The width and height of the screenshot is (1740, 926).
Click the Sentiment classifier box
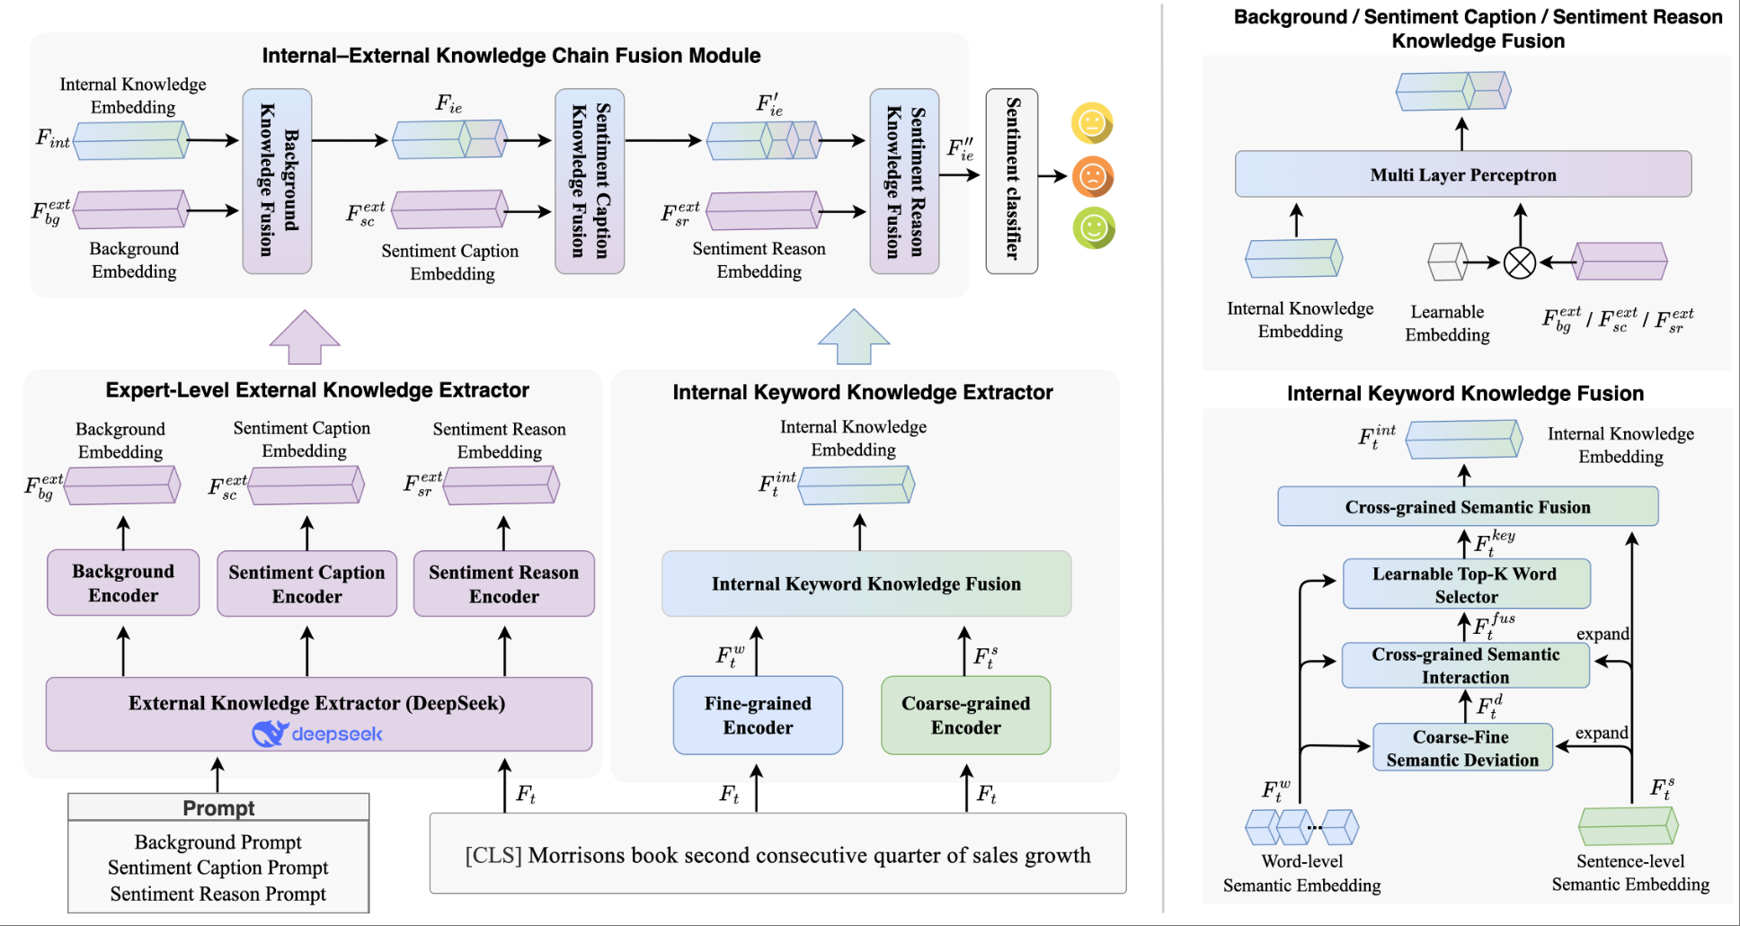coord(1011,181)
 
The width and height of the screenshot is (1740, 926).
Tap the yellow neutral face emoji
coord(1092,123)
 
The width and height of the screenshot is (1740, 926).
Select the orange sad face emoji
coord(1092,176)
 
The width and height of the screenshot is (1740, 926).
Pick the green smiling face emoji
coord(1094,228)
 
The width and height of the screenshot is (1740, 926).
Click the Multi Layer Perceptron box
coord(1462,174)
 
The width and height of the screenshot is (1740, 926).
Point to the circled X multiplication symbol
coord(1519,263)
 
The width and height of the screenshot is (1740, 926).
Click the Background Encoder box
coord(123,583)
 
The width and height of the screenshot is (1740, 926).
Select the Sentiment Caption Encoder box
coord(306,583)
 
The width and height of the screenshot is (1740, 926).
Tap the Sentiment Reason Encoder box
coord(503,583)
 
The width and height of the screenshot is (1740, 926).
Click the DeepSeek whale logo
coord(270,734)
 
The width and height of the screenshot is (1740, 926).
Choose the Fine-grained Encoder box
coord(758,715)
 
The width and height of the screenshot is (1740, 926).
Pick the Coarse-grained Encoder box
coord(965,715)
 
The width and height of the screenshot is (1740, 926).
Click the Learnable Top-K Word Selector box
coord(1466,584)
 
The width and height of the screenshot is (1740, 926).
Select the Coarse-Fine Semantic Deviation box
coord(1462,748)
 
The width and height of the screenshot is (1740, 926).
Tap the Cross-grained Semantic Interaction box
coord(1465,665)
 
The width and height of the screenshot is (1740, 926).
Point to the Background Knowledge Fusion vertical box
coord(277,181)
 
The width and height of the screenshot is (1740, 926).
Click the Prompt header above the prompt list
coord(218,807)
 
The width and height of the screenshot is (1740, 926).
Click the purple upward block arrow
coord(305,338)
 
